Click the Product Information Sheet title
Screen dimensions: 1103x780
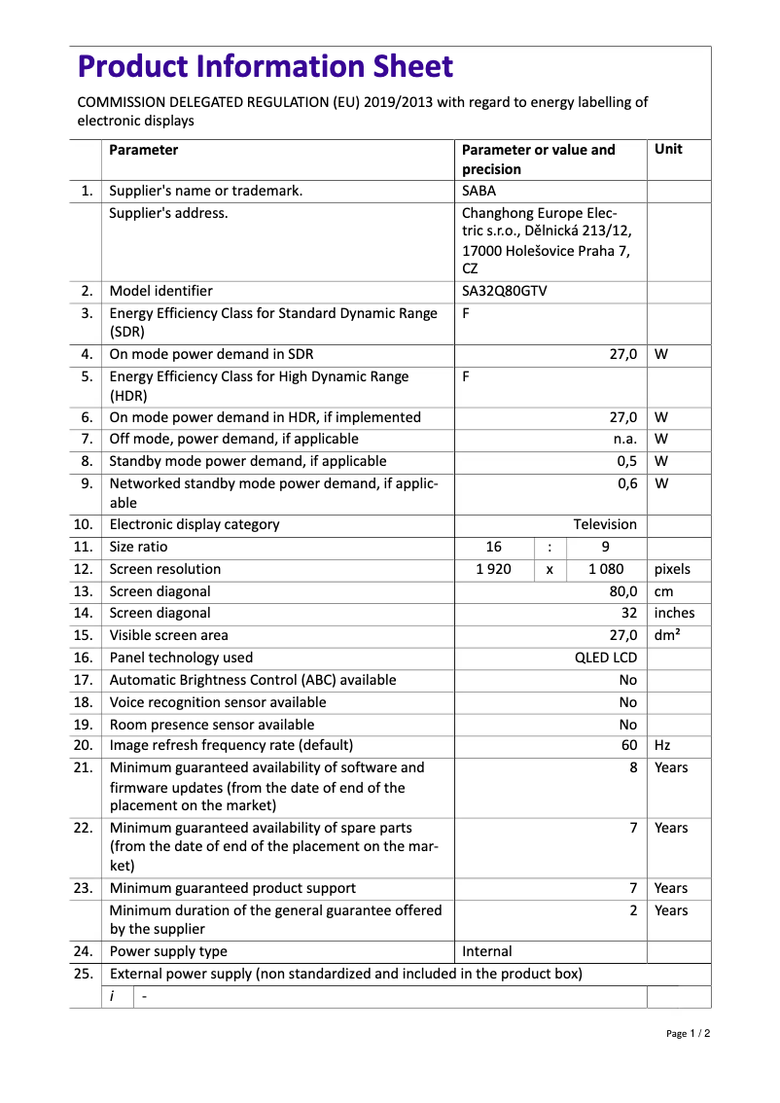[266, 67]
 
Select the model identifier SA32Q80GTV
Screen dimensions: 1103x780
[504, 291]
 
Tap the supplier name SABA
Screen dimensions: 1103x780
[479, 191]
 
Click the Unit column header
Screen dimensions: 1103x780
[669, 150]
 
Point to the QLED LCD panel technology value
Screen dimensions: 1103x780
[606, 658]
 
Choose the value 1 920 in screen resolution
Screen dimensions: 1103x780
[494, 570]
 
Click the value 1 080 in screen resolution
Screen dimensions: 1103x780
[606, 570]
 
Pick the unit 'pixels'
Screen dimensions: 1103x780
[673, 570]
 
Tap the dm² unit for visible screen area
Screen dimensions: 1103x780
[667, 636]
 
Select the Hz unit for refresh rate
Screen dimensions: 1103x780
[662, 746]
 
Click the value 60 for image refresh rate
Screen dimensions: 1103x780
[629, 746]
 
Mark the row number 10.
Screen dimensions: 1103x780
[83, 525]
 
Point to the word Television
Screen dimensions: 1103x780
[605, 525]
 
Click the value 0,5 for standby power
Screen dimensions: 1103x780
[627, 461]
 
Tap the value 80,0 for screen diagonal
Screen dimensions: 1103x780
[622, 592]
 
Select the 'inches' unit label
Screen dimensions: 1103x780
[674, 614]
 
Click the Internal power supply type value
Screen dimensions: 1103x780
[487, 952]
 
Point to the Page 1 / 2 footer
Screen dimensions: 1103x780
[688, 1034]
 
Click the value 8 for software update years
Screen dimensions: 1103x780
[633, 768]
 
